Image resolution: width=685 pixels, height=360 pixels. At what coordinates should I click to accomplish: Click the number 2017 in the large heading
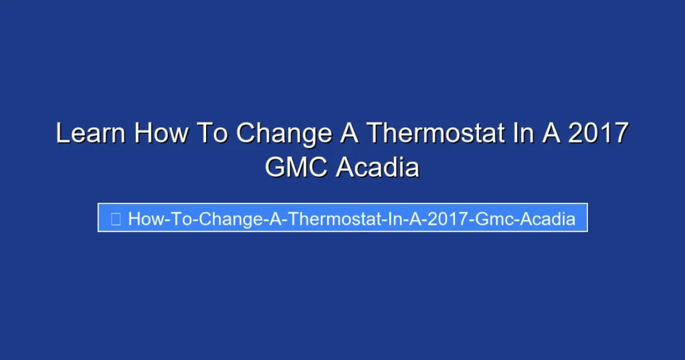pos(597,133)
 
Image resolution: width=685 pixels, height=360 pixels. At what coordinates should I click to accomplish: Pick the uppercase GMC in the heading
pos(296,167)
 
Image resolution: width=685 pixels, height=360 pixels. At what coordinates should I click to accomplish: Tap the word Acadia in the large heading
pos(377,167)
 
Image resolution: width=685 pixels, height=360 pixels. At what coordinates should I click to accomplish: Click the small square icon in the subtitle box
pos(115,218)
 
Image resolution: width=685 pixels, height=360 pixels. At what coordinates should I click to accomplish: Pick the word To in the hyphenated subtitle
pos(177,218)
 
